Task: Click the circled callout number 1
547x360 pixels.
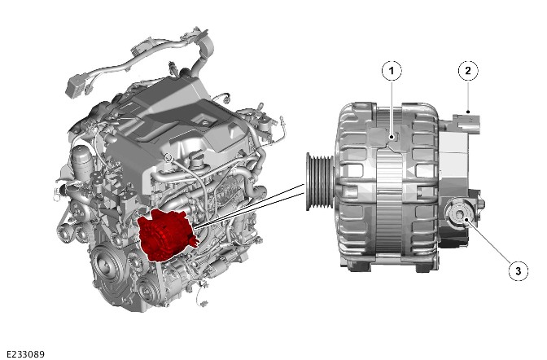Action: tap(392, 71)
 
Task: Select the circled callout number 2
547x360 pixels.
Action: tap(468, 71)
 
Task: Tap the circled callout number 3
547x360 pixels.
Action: tap(518, 270)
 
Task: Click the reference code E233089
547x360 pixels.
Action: tap(25, 354)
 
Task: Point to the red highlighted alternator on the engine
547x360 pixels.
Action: tap(167, 235)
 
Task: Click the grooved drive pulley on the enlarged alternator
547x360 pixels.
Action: tap(319, 182)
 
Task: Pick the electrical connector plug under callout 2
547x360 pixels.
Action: tap(466, 122)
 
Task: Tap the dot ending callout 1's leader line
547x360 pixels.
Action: tap(392, 137)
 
